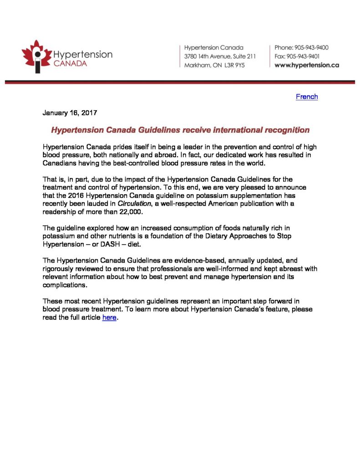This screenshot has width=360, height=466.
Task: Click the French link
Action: (x=306, y=97)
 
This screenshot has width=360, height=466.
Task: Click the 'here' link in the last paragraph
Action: (x=109, y=318)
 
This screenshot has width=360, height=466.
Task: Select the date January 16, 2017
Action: (x=70, y=112)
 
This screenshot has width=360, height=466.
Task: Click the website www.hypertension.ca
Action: (x=307, y=65)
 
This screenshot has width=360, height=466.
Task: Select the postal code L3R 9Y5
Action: (x=234, y=65)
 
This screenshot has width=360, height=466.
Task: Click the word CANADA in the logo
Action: (x=71, y=63)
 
